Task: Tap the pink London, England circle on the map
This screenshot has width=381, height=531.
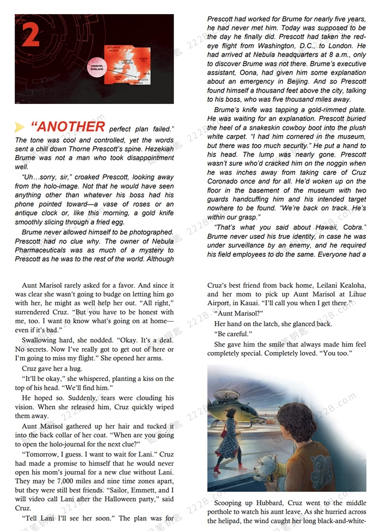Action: coord(96,67)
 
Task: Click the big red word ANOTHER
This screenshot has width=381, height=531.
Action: coord(68,127)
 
